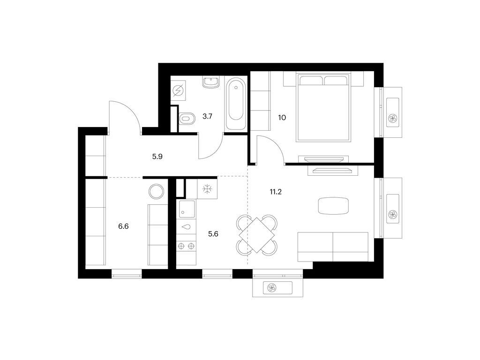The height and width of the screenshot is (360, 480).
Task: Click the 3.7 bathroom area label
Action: [208, 116]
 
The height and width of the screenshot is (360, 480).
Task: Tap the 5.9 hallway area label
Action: [157, 157]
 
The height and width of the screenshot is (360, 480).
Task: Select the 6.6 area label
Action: [123, 226]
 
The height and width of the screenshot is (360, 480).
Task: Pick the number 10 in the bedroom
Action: [282, 117]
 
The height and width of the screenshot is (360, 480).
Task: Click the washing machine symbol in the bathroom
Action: [179, 90]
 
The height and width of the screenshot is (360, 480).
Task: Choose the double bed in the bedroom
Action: [324, 109]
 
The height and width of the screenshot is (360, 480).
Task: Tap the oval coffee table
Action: [333, 205]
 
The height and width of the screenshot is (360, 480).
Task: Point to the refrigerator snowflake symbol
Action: [207, 189]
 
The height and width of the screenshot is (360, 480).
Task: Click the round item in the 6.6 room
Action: [156, 191]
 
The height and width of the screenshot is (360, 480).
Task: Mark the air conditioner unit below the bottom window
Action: [278, 288]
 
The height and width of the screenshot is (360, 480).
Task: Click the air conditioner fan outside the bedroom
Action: [393, 119]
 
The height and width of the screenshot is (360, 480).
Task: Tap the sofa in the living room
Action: [333, 246]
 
